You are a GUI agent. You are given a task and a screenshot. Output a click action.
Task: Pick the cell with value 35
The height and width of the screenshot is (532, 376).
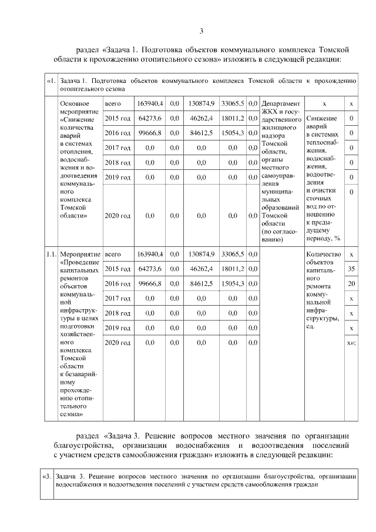[351, 269]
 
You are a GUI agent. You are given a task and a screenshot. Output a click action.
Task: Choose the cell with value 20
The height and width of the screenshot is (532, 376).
[351, 284]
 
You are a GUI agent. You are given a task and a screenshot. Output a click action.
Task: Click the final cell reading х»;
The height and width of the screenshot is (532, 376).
[351, 342]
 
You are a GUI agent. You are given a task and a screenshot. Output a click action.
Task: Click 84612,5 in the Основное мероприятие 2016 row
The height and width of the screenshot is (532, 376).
[200, 133]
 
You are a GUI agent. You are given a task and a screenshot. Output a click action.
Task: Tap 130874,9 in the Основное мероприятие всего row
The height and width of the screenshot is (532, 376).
[200, 104]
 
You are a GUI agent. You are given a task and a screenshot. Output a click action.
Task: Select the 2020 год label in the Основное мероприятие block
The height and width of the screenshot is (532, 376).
[117, 216]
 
